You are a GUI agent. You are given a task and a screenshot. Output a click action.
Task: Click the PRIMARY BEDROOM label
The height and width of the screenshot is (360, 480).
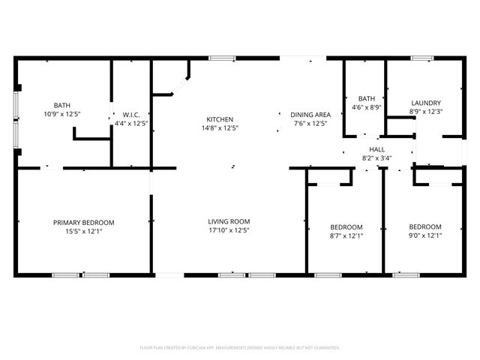coord(83,222)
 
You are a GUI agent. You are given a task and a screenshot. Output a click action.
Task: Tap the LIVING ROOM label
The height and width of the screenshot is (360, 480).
coord(229,221)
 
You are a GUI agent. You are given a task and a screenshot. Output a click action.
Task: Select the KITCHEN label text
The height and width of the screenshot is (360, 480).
coord(220,119)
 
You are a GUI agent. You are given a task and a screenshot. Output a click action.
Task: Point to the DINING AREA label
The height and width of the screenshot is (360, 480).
coord(310,114)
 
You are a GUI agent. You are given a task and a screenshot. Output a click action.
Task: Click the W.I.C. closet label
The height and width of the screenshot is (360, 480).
coord(123,114)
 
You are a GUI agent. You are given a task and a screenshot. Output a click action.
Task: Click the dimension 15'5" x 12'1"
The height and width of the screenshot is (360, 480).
coord(83,232)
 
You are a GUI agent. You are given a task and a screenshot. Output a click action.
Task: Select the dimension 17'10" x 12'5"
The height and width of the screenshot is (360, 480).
coord(229,231)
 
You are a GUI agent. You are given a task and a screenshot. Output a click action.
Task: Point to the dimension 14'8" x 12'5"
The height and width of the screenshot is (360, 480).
coord(220,128)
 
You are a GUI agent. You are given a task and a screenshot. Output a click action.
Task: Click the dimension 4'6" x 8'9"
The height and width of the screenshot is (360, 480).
coord(367,107)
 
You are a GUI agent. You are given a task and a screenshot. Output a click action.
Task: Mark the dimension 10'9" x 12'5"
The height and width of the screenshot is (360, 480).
coord(61,114)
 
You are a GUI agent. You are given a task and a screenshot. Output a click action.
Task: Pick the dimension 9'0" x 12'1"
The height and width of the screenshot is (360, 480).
coord(424,236)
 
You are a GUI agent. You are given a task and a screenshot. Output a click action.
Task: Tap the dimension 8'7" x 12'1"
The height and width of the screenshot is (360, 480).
coord(346,236)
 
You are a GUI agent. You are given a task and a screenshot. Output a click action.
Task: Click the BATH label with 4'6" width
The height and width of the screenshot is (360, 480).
coord(367,98)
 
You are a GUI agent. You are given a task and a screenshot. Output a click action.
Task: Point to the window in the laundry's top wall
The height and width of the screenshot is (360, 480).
coord(422,58)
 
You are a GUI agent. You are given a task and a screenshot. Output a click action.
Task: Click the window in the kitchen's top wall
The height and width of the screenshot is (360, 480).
coord(220,58)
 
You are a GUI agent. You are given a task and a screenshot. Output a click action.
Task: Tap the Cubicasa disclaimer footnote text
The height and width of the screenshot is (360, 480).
coord(240,348)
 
